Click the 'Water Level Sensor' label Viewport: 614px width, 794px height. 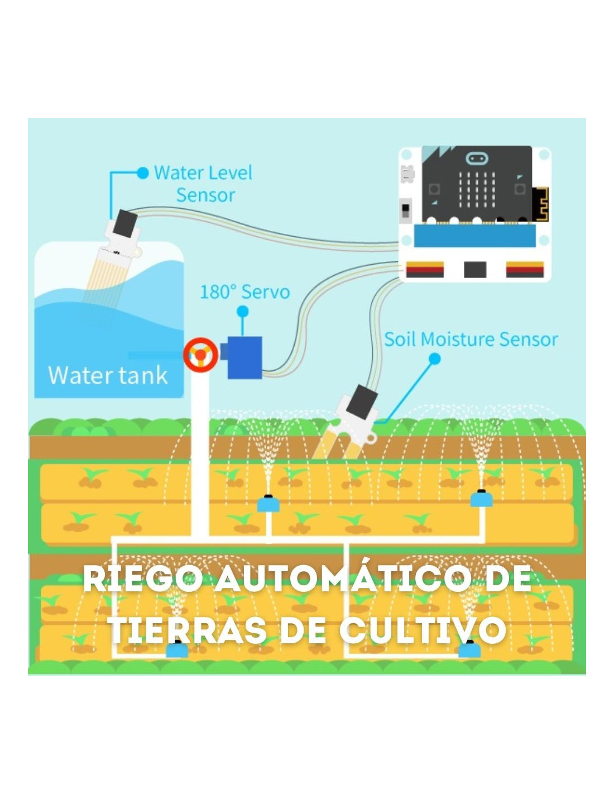tap(203, 184)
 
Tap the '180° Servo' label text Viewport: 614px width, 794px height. tap(244, 292)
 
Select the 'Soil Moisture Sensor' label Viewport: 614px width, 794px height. tap(471, 339)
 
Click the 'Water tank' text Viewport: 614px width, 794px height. tap(108, 375)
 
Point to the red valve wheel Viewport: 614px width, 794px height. tap(200, 355)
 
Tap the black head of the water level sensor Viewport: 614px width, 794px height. tap(125, 223)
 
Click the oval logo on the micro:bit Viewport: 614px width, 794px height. tap(477, 158)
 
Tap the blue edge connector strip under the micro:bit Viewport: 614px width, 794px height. tap(475, 236)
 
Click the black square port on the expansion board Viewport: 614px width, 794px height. tap(475, 269)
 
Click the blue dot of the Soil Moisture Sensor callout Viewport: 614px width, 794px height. tap(434, 359)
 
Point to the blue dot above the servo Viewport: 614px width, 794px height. tap(243, 312)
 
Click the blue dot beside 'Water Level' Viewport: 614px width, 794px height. tap(143, 173)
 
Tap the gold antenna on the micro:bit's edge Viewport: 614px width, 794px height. tap(540, 204)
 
